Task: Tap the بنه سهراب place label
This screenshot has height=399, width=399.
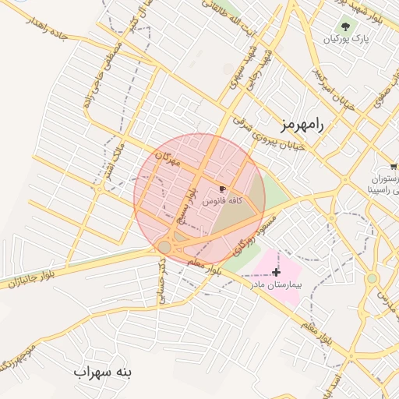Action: click(104, 372)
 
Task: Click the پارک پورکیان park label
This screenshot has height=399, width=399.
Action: click(347, 37)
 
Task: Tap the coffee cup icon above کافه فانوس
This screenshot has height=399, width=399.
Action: click(223, 189)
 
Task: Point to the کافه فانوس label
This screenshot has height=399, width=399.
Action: click(223, 200)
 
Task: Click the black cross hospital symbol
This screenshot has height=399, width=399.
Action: click(276, 271)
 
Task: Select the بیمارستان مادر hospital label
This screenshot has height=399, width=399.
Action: click(276, 285)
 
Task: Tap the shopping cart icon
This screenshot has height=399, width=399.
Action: click(394, 166)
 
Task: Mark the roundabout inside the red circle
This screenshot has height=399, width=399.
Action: click(164, 247)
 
